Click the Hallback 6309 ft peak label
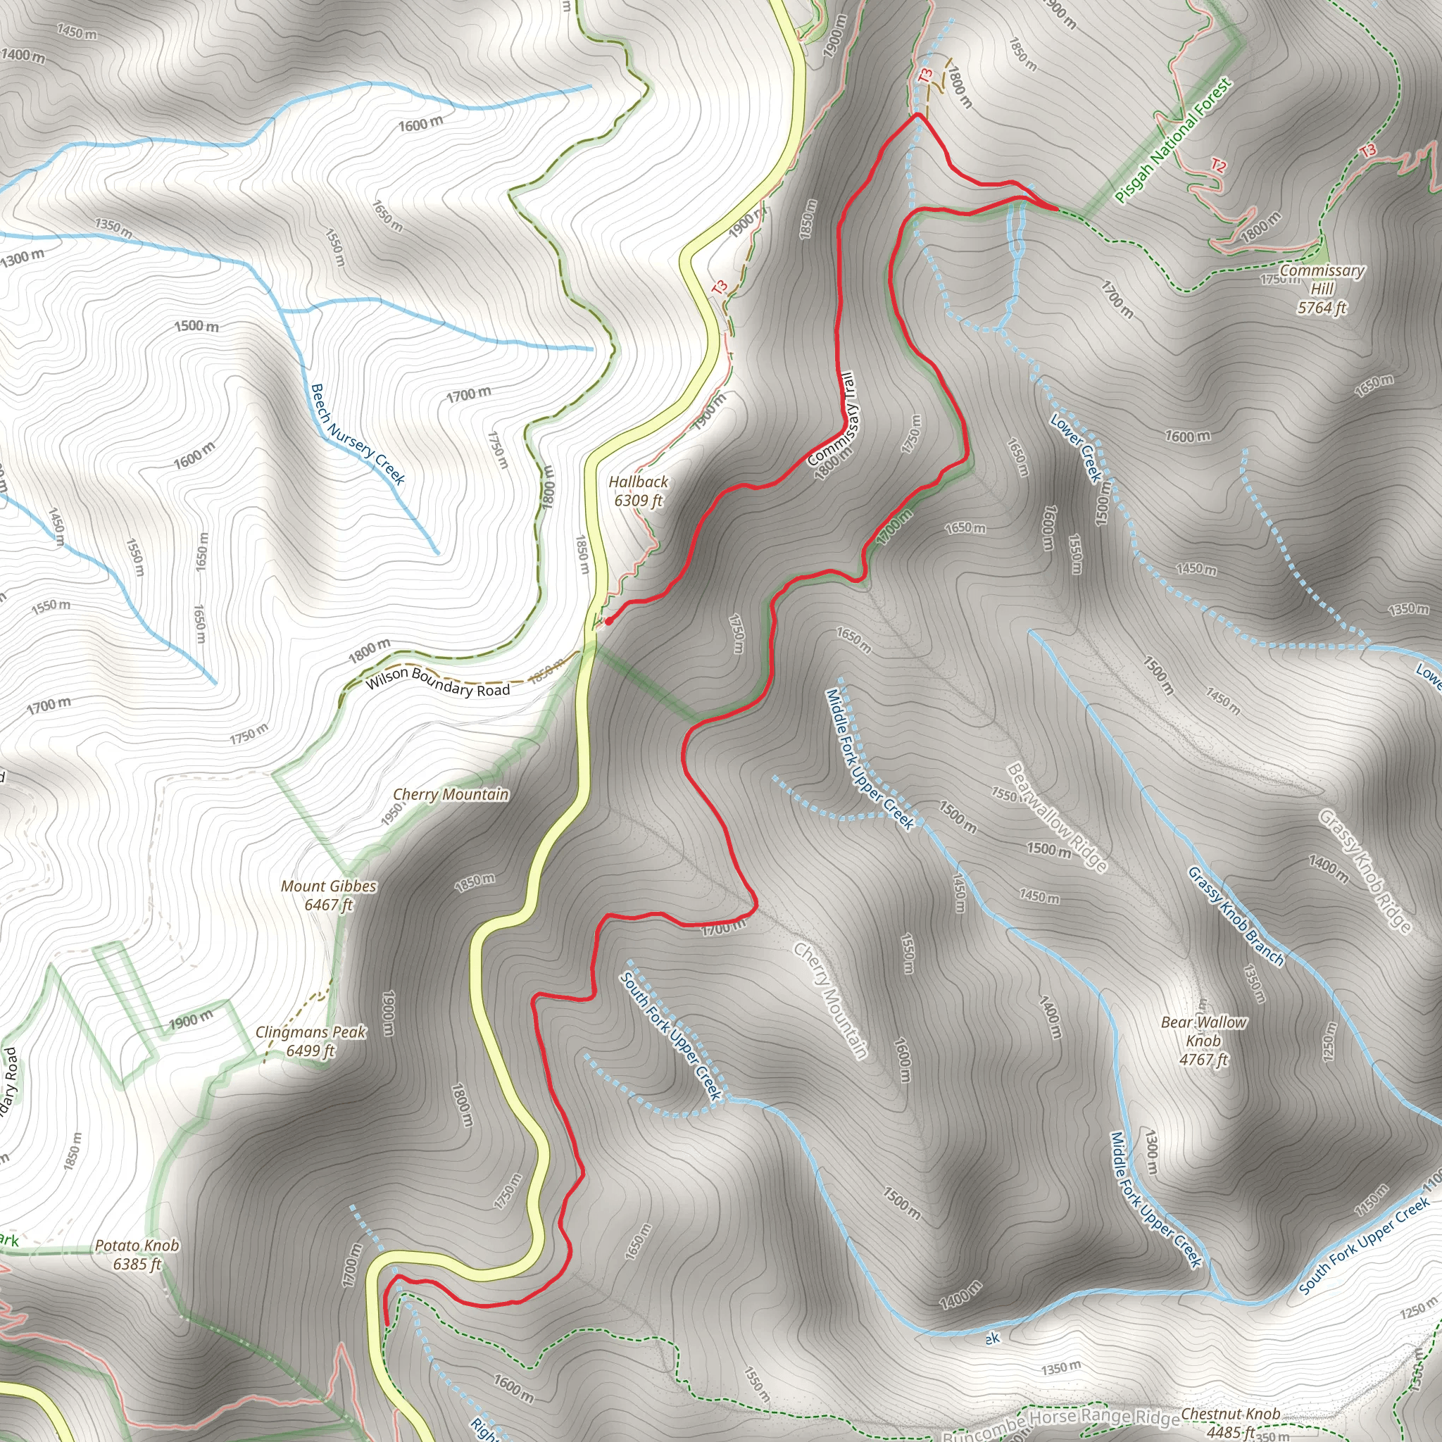(x=638, y=491)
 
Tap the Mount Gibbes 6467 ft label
(x=328, y=896)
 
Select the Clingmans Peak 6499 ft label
(x=311, y=1041)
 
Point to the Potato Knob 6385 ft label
(x=137, y=1255)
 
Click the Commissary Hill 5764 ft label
(x=1322, y=289)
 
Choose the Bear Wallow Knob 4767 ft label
(x=1203, y=1041)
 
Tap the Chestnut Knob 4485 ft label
(x=1230, y=1422)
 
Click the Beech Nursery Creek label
(x=358, y=434)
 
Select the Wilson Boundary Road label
(x=437, y=682)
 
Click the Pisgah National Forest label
(x=1172, y=140)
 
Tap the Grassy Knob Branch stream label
(x=1236, y=916)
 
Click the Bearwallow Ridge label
(x=1057, y=817)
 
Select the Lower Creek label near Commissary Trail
(x=1077, y=447)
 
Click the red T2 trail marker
(x=1218, y=165)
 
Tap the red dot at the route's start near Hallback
(x=609, y=620)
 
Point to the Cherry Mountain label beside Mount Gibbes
(x=451, y=794)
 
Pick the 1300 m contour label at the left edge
(x=23, y=258)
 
